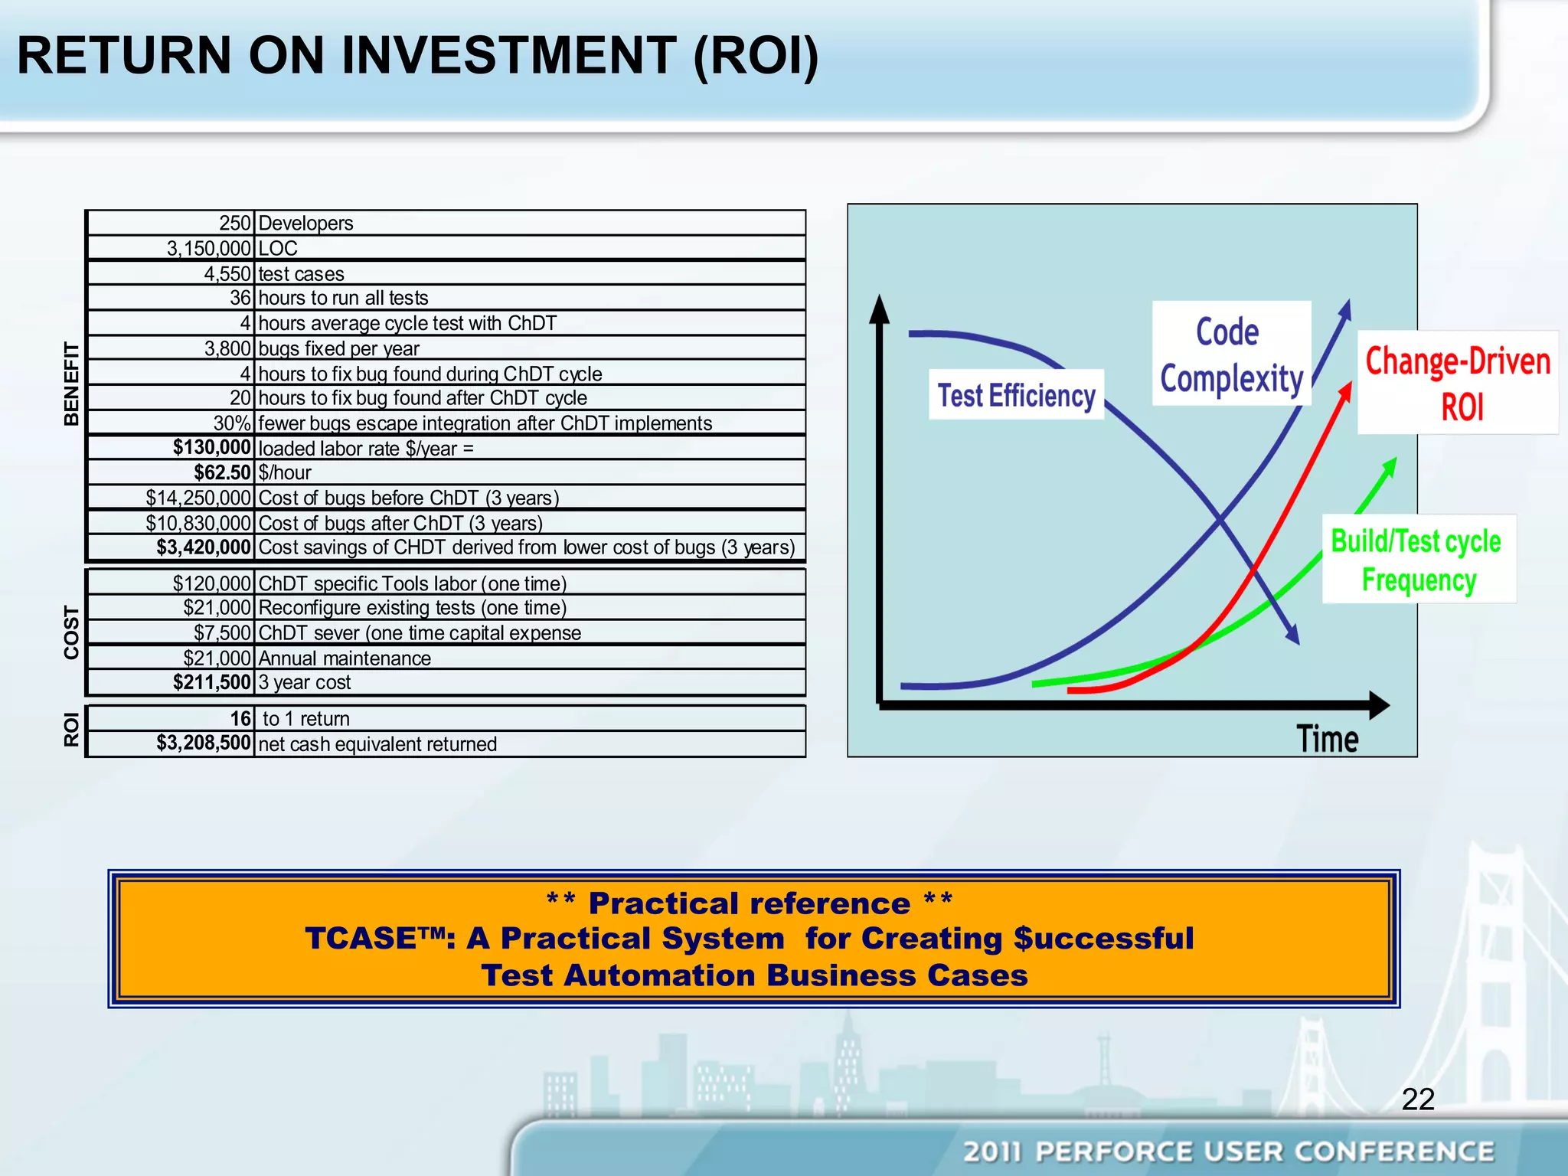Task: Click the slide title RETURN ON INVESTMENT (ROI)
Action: point(418,55)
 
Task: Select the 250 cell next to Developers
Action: point(234,223)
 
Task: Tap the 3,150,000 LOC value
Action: point(208,248)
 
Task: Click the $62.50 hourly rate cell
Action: point(221,472)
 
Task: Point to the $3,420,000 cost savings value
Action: point(204,547)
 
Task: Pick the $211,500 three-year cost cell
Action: point(211,682)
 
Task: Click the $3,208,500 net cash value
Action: point(204,743)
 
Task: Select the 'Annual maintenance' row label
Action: point(345,658)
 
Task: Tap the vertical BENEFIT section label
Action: point(71,384)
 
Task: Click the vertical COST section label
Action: point(71,632)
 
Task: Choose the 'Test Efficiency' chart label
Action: point(1016,395)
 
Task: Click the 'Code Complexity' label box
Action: point(1230,354)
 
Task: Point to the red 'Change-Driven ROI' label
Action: point(1458,383)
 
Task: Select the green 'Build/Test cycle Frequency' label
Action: point(1417,560)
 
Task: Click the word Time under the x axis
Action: point(1327,739)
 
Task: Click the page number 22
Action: point(1417,1099)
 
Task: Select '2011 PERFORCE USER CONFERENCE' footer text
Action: point(1228,1151)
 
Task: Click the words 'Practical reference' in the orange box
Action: point(749,903)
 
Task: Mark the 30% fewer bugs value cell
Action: point(232,423)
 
